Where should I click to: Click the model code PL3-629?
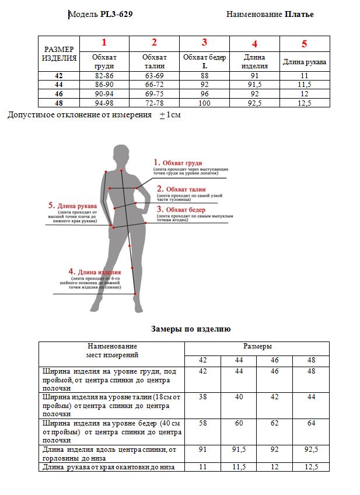pos(113,14)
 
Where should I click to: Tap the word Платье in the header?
pos(299,14)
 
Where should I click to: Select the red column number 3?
pos(204,43)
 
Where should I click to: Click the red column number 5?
pos(304,44)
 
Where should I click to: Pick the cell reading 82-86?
pos(104,76)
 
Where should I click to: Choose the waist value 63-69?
pos(154,76)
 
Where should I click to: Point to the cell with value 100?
pos(204,103)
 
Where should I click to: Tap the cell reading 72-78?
pos(154,103)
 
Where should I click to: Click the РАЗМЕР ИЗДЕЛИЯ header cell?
pos(60,54)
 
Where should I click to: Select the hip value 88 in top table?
pos(204,76)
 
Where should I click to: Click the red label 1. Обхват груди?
pos(178,162)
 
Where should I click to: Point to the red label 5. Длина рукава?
pos(73,205)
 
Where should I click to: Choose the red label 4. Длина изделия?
pos(95,272)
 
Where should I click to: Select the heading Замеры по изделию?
pos(191,329)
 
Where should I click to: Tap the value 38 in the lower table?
pos(203,397)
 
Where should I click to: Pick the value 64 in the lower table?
pos(311,423)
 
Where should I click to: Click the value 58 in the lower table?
pos(203,423)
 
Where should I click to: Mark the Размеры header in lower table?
pos(257,346)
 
